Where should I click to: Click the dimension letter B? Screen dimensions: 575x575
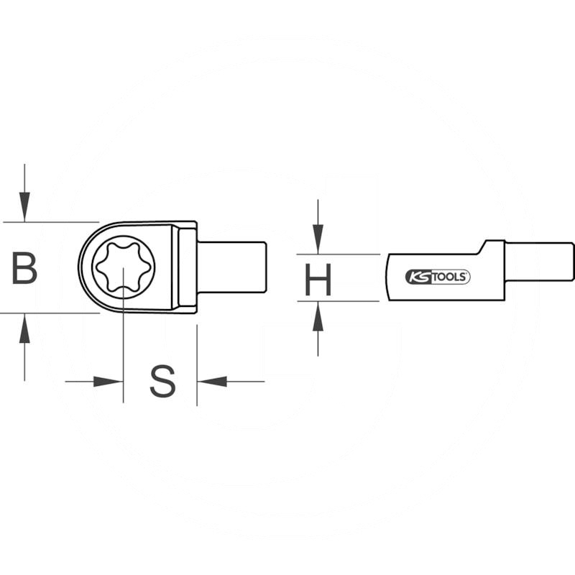tap(24, 268)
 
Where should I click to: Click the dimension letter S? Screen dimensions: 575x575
tap(162, 382)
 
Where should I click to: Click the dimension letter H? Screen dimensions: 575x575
tap(318, 280)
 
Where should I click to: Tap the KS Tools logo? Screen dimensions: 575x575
tap(438, 277)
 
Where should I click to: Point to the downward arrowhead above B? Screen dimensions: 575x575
tap(24, 206)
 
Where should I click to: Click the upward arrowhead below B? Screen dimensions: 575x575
tap(24, 328)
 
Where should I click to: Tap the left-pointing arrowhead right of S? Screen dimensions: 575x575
tap(212, 382)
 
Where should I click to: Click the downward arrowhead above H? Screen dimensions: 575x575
tap(318, 239)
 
